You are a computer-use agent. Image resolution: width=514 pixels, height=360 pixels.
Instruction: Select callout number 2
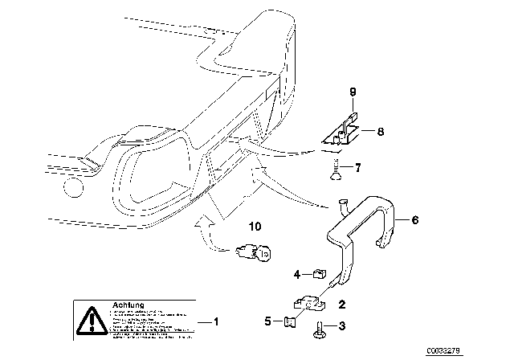[342, 305]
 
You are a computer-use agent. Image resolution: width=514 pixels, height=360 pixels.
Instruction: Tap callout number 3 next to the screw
[343, 326]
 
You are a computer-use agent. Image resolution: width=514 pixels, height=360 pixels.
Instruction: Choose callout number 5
[267, 322]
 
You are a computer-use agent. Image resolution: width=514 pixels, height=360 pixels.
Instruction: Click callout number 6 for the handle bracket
[415, 219]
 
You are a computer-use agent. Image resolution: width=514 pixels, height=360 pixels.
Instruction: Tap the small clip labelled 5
[291, 323]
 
